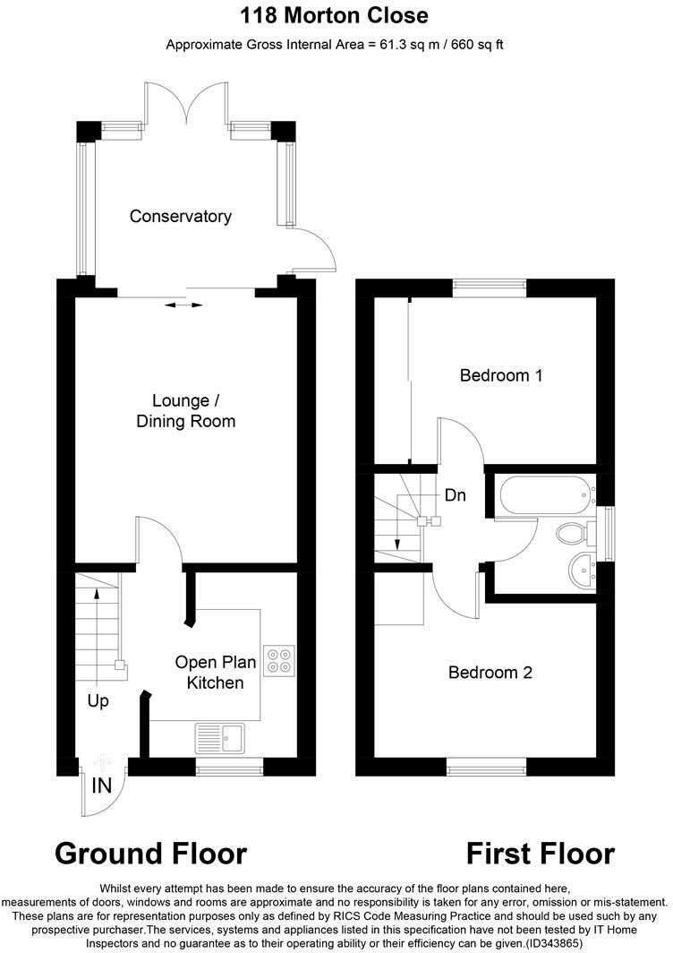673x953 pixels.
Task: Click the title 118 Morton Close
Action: coord(335,15)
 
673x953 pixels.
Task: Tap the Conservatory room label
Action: coord(180,216)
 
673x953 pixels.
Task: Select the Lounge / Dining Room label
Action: coord(186,410)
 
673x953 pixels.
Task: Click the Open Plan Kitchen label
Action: coord(215,673)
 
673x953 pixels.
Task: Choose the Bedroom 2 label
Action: coord(490,672)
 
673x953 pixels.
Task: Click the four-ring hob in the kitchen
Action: coord(278,659)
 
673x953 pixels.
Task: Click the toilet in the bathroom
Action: coord(571,535)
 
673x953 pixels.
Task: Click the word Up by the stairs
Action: coord(98,701)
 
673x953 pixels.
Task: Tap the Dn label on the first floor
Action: coord(455,494)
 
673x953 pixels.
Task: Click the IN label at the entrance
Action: coord(101,786)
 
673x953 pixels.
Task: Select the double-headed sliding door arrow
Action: coord(184,305)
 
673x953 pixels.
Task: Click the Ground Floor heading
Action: coord(150,853)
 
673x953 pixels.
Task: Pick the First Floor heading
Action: coord(541,853)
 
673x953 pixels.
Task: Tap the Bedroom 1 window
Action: coord(489,287)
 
